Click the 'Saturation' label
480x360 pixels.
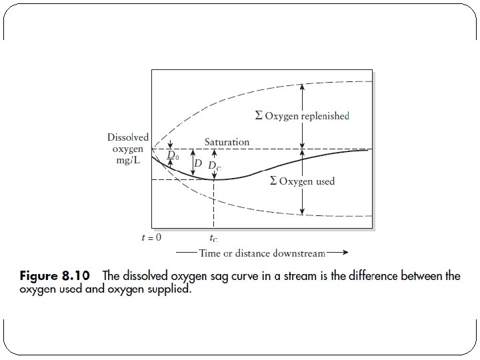pyautogui.click(x=227, y=142)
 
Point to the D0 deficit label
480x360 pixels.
pyautogui.click(x=172, y=155)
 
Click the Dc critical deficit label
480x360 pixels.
pyautogui.click(x=215, y=165)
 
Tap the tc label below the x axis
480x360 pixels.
pyautogui.click(x=213, y=238)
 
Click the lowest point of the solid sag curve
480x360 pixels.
pyautogui.click(x=213, y=179)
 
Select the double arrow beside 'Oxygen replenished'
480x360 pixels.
pyautogui.click(x=303, y=115)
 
